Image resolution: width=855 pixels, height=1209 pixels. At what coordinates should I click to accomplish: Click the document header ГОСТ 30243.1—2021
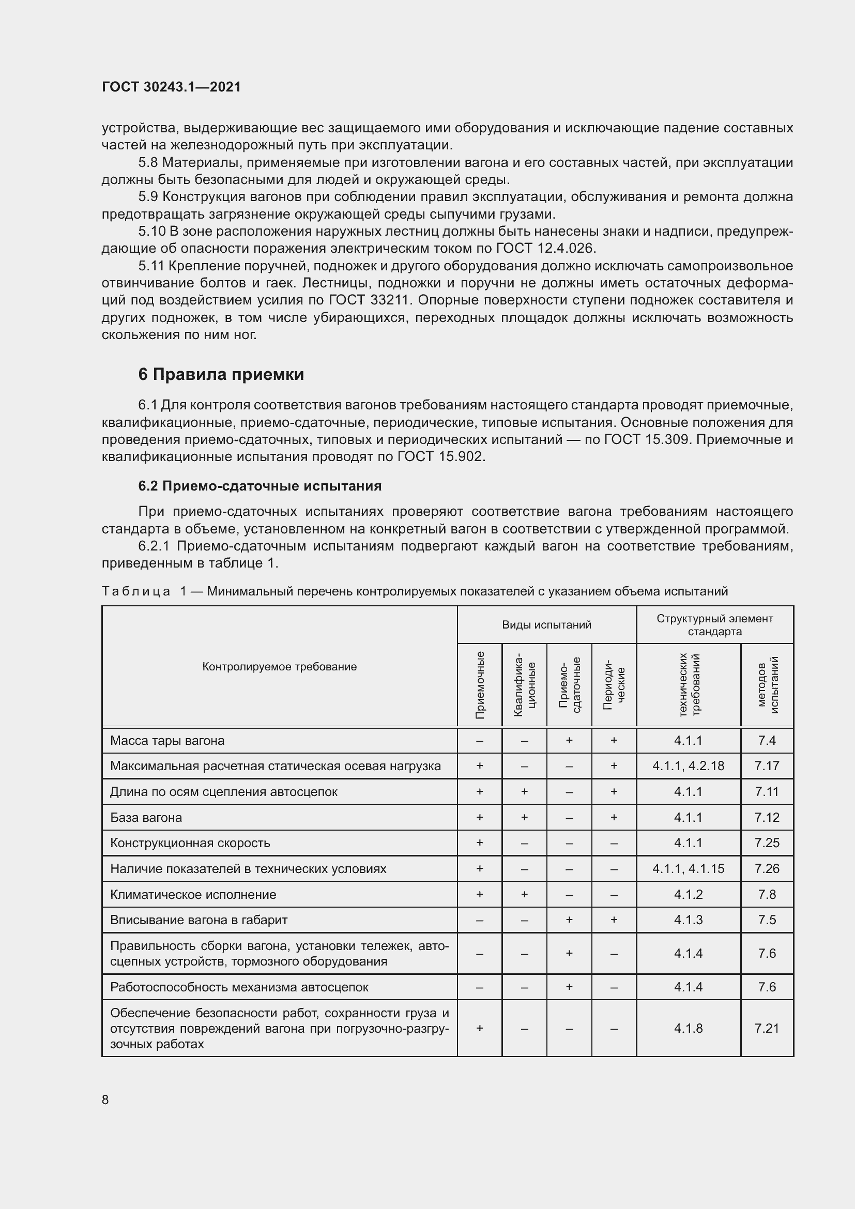click(x=171, y=87)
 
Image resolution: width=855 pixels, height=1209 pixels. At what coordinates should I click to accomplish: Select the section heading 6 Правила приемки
click(x=221, y=374)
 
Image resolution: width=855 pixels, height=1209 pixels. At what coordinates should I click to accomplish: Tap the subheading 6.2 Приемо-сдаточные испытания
click(x=259, y=485)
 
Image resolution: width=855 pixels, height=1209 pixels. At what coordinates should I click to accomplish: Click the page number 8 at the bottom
click(x=105, y=1099)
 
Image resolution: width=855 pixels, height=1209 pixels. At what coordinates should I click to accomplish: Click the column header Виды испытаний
click(x=546, y=624)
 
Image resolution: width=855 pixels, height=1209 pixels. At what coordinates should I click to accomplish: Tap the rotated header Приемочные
click(x=480, y=685)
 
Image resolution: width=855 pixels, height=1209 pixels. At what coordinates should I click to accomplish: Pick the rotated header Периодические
click(x=614, y=685)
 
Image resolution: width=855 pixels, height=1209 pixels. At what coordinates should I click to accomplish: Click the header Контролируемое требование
click(x=280, y=667)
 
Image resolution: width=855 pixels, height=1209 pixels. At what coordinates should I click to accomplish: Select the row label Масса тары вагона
click(x=167, y=740)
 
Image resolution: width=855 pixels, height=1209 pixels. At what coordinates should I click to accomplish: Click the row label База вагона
click(x=146, y=817)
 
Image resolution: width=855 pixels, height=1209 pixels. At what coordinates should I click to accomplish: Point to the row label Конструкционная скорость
click(x=190, y=843)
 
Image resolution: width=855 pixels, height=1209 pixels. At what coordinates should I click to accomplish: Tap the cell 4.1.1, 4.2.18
click(x=688, y=766)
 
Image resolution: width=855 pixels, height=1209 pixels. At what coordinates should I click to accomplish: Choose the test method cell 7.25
click(x=767, y=843)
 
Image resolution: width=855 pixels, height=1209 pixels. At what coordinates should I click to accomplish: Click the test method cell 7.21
click(x=767, y=1028)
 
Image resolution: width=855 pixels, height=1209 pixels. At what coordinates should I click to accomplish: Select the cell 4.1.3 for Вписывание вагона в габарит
click(x=688, y=920)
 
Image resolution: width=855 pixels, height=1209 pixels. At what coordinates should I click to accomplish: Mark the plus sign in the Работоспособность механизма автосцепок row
click(x=569, y=987)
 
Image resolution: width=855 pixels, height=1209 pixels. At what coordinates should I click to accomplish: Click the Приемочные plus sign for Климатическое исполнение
click(x=480, y=894)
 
